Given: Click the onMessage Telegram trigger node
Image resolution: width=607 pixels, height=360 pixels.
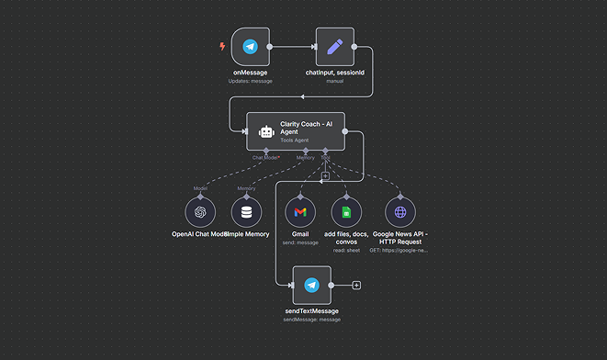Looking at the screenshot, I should (249, 47).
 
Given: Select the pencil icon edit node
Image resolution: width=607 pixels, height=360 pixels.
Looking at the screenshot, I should (334, 47).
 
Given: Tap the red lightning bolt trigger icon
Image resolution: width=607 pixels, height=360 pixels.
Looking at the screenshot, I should (221, 46).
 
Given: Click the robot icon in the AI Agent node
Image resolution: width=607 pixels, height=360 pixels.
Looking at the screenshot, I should (266, 131).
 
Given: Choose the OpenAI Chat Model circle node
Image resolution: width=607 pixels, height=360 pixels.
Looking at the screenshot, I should (201, 213).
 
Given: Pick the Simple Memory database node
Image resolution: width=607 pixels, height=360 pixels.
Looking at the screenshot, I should (246, 213).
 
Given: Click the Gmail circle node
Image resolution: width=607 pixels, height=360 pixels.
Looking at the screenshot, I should (300, 213).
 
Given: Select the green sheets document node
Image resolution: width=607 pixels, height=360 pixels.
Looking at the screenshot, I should (346, 213).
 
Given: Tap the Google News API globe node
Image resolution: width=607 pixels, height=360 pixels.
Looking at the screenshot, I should (399, 213).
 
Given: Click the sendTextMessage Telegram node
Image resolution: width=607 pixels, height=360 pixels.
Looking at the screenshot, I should (311, 285).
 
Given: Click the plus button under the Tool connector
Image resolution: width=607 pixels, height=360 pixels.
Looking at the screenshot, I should (325, 175).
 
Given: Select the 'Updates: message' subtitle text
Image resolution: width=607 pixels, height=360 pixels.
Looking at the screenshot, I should (250, 81).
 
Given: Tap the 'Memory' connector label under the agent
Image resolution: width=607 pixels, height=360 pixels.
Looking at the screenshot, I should (305, 157).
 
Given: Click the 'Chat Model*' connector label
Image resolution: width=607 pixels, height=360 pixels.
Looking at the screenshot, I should (266, 157).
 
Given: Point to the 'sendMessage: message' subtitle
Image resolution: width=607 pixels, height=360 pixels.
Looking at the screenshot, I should (311, 320).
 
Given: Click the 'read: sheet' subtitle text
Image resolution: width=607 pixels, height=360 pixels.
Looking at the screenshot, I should (346, 249).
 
